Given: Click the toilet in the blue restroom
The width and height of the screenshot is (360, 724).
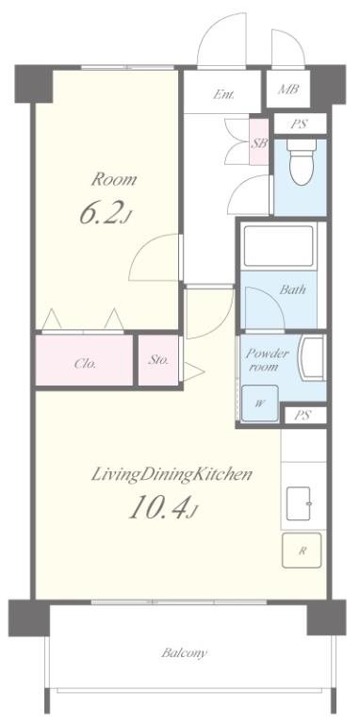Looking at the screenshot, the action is [x=302, y=161].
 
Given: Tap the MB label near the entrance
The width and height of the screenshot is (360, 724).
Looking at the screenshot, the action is [x=287, y=90].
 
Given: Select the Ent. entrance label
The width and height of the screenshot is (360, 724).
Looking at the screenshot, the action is [x=223, y=94].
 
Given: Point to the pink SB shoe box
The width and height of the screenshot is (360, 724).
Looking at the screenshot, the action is [x=259, y=141].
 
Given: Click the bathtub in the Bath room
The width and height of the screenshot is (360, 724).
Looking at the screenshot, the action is [x=278, y=246].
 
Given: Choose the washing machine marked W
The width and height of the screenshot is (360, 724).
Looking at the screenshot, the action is [x=260, y=403].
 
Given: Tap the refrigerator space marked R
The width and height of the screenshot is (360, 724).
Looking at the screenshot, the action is [x=302, y=550].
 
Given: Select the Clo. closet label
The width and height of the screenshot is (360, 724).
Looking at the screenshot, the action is [x=85, y=363].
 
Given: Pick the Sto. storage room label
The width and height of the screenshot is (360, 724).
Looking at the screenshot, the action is [x=158, y=360].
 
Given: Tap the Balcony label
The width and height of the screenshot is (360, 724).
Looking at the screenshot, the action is [x=184, y=653].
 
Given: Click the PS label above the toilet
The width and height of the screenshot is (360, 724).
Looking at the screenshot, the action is [x=300, y=124].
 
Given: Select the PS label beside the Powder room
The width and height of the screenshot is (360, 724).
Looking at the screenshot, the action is [x=303, y=416].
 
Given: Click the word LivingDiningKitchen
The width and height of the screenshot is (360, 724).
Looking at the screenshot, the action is [x=172, y=474].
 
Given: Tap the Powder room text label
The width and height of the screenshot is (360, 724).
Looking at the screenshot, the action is [x=268, y=360].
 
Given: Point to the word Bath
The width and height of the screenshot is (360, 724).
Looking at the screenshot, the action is [x=292, y=290].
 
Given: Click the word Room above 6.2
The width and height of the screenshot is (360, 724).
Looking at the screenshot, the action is [x=113, y=179].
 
